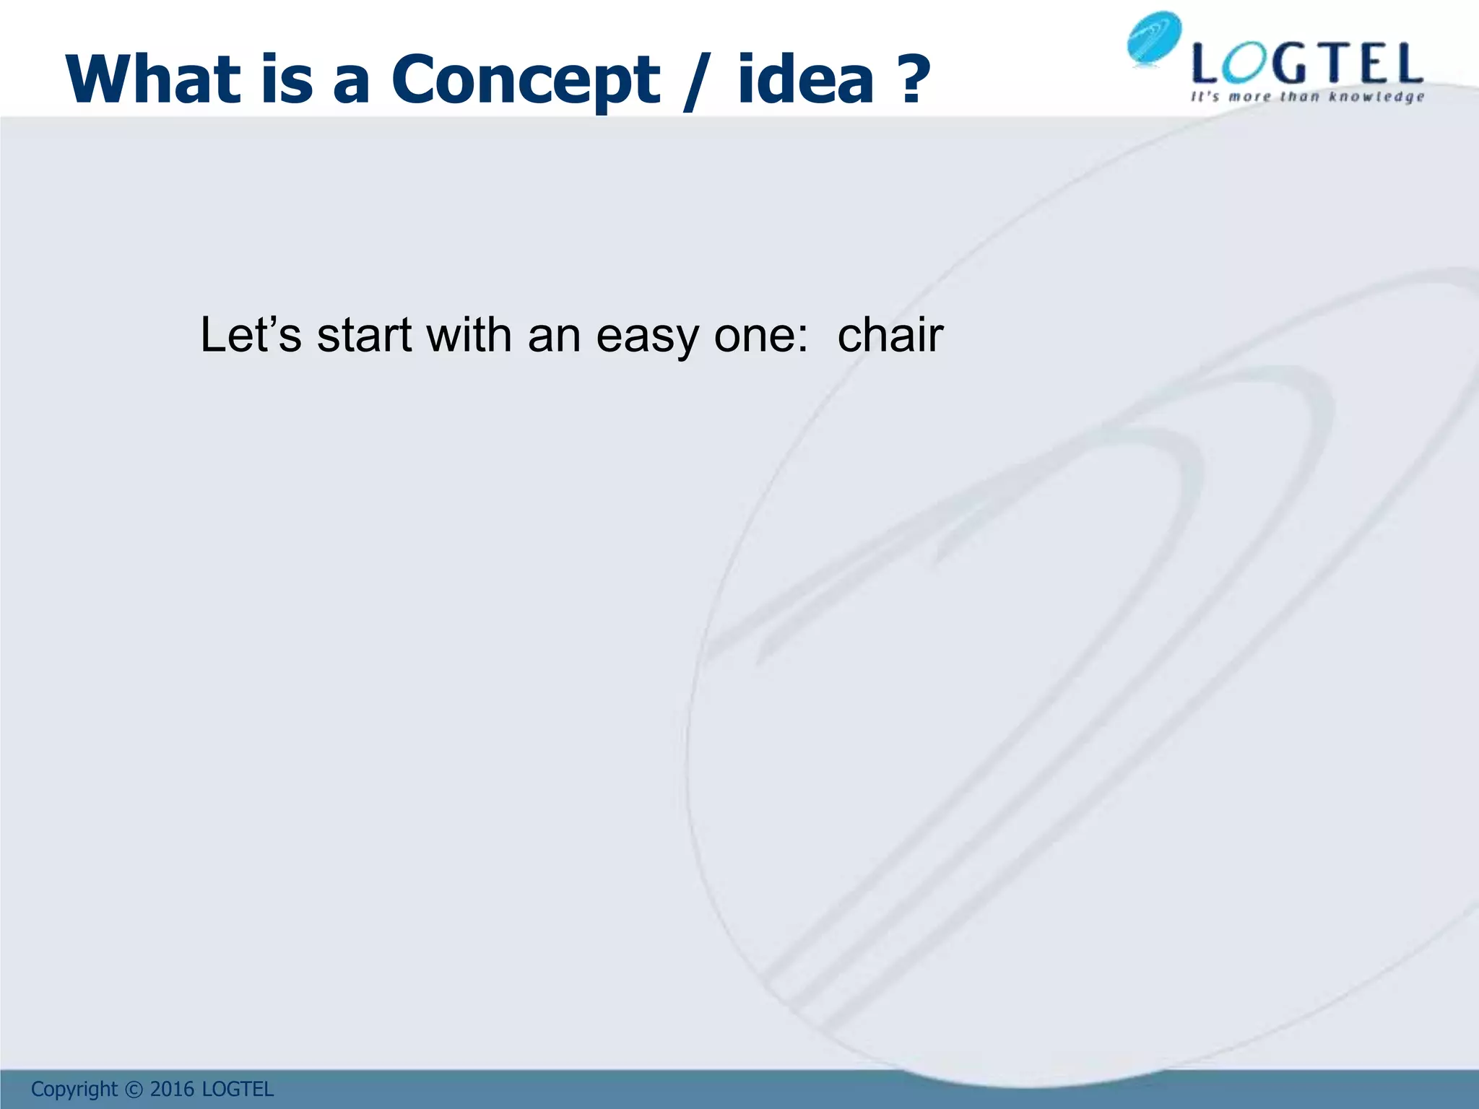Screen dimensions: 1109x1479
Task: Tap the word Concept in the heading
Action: pyautogui.click(x=525, y=79)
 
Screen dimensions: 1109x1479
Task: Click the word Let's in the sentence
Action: pyautogui.click(x=250, y=335)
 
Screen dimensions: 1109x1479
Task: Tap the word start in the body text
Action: pyautogui.click(x=364, y=336)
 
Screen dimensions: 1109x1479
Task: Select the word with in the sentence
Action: pyautogui.click(x=469, y=335)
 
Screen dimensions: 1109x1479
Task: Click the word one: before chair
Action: pyautogui.click(x=761, y=336)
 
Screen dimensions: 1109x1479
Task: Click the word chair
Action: pyautogui.click(x=890, y=335)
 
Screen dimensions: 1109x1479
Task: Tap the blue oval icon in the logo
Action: pyautogui.click(x=1154, y=39)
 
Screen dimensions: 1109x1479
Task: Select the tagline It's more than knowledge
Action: pyautogui.click(x=1307, y=97)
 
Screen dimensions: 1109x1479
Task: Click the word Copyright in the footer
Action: pyautogui.click(x=74, y=1089)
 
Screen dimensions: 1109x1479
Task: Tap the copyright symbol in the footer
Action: pyautogui.click(x=134, y=1089)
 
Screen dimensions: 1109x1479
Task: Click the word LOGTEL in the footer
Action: pyautogui.click(x=238, y=1089)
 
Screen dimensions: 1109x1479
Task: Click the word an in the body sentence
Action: pyautogui.click(x=554, y=336)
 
